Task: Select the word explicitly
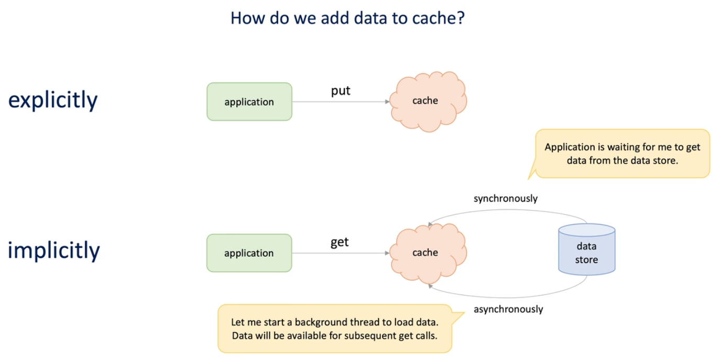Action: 53,100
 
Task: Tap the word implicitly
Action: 53,250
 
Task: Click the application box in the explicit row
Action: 249,102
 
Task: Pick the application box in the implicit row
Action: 249,253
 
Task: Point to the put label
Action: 341,91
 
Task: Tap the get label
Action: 340,243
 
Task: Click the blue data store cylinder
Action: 586,250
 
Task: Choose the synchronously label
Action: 506,199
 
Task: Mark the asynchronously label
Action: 508,309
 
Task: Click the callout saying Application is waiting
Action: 622,154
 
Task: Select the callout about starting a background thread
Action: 334,329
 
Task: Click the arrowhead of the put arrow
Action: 388,102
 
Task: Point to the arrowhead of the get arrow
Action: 388,253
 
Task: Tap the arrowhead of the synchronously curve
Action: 430,225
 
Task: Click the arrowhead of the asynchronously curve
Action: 430,286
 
